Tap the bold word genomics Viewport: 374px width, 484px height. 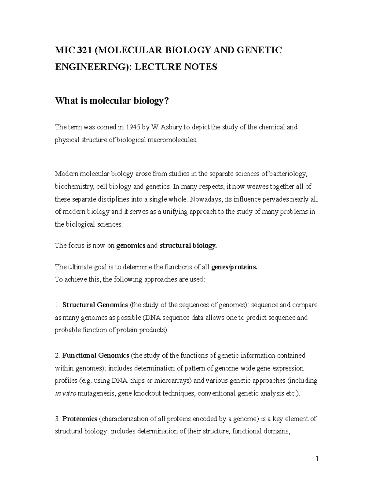coord(131,246)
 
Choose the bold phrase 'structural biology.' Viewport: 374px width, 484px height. coord(188,246)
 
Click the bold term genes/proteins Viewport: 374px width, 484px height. coord(234,267)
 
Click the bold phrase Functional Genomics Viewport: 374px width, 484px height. coord(96,355)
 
